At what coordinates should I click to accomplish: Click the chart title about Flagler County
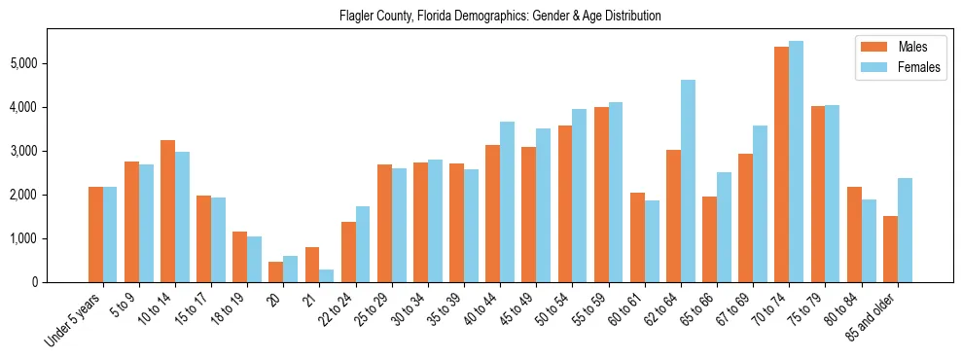point(500,17)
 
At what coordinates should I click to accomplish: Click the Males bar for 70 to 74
point(781,164)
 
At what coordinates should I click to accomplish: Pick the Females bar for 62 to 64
point(688,181)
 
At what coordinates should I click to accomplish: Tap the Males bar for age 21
point(311,265)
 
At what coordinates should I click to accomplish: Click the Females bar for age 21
point(327,275)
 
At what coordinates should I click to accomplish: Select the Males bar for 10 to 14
point(167,211)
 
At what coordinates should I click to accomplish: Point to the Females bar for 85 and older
point(905,230)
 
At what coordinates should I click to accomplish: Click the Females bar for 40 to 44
point(507,201)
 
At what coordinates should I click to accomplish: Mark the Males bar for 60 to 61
point(637,237)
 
